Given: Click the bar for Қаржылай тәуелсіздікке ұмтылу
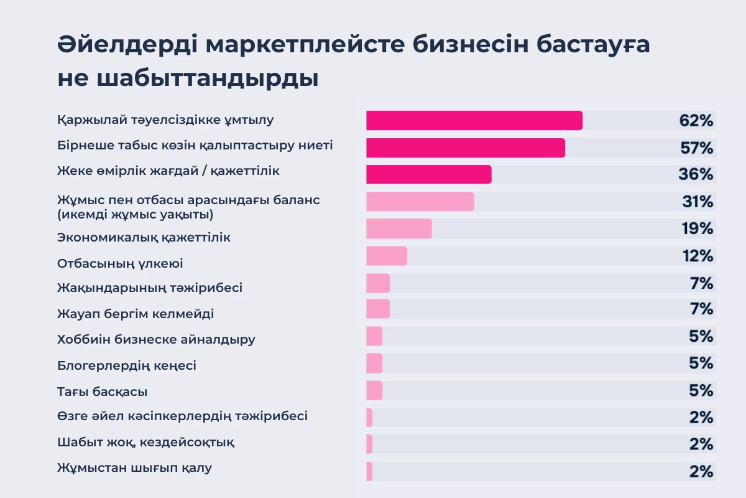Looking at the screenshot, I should pos(474,121).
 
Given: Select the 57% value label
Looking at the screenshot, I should pos(696,148).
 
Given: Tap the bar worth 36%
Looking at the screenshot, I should pos(429,174).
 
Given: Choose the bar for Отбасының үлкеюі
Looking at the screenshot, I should pos(387,256).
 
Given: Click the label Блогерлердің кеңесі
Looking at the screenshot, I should pos(127,365).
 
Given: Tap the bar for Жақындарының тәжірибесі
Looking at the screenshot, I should pos(378,283).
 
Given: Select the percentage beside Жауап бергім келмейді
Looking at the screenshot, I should pos(701,309).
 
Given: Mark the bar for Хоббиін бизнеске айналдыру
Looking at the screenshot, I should pos(374,337).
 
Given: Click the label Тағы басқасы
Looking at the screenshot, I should pos(102,392).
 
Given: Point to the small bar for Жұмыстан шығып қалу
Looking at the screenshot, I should pos(369,471).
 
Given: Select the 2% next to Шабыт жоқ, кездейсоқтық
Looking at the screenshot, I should pos(701,444).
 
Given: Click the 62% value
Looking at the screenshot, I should pos(696,121).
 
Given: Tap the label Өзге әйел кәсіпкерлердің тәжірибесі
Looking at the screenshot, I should pos(182,416).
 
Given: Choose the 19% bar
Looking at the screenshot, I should pos(399,228).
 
